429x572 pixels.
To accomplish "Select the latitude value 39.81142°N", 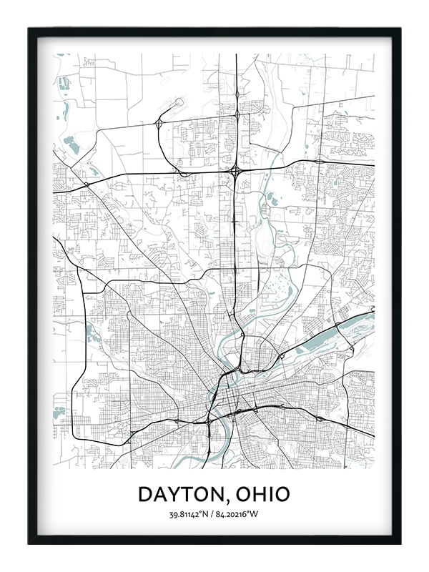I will (x=191, y=515).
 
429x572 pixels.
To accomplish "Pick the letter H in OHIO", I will (x=258, y=494).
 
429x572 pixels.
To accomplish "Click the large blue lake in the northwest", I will (x=70, y=145).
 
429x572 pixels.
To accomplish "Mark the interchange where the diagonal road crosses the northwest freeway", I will (x=86, y=184).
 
